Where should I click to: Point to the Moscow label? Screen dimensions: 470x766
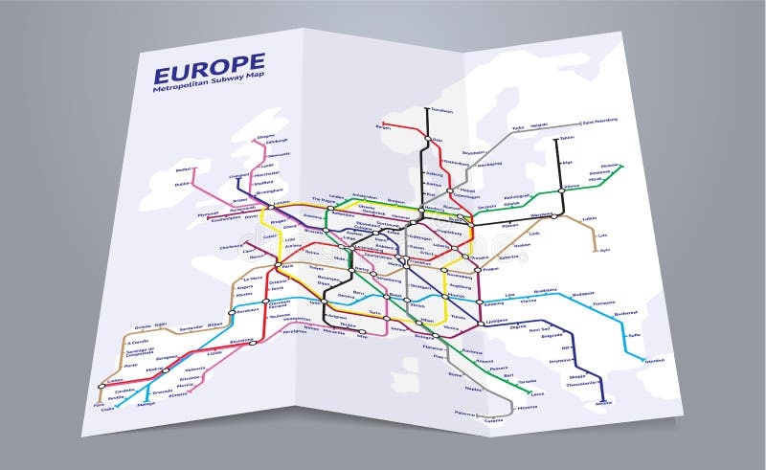pos(609,165)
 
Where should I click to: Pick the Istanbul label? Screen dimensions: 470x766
pos(654,361)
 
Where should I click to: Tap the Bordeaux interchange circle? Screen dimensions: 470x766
pos(232,312)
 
